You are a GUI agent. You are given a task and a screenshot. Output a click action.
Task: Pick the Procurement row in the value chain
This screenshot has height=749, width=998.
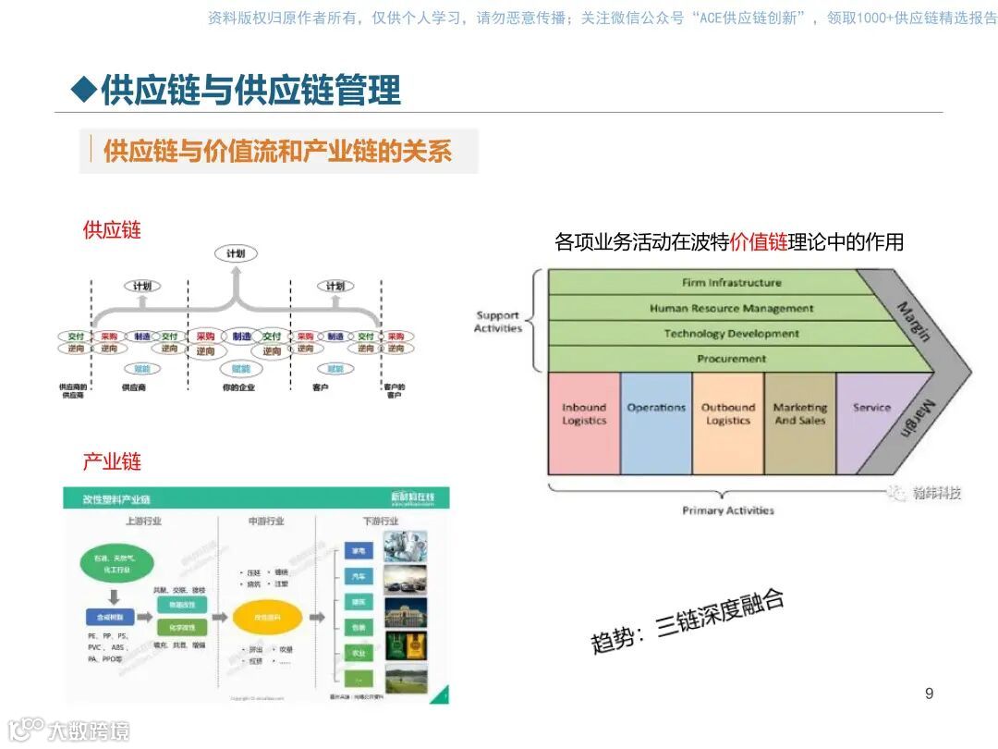tap(730, 359)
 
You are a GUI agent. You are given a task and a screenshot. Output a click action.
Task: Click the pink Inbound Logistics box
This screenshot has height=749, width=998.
tap(584, 423)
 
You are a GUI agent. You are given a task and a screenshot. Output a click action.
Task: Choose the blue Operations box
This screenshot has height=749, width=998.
tap(656, 423)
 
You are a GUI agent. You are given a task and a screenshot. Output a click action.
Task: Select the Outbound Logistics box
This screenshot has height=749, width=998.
tap(728, 423)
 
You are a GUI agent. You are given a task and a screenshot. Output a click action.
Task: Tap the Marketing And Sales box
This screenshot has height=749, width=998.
tap(800, 423)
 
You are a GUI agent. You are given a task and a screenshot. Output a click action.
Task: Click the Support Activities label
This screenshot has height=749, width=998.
tap(498, 321)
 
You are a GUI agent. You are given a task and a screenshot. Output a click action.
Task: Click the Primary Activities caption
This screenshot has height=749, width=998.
tap(728, 510)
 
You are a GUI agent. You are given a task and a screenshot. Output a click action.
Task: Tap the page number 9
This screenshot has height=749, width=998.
tap(929, 694)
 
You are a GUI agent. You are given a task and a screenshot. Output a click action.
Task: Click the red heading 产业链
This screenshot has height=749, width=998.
tap(112, 460)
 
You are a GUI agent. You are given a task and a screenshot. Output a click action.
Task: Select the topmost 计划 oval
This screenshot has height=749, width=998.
tap(236, 253)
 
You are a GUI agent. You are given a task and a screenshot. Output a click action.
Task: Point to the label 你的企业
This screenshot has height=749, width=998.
tap(238, 387)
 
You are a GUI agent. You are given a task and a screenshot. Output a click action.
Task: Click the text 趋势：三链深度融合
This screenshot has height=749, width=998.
tap(688, 620)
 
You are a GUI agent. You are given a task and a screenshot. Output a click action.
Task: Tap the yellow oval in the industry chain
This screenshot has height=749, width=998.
tap(268, 617)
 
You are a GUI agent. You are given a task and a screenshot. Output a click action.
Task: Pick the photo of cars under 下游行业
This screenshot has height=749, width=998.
tap(405, 579)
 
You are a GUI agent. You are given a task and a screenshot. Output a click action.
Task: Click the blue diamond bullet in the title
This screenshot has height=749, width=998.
tap(84, 90)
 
